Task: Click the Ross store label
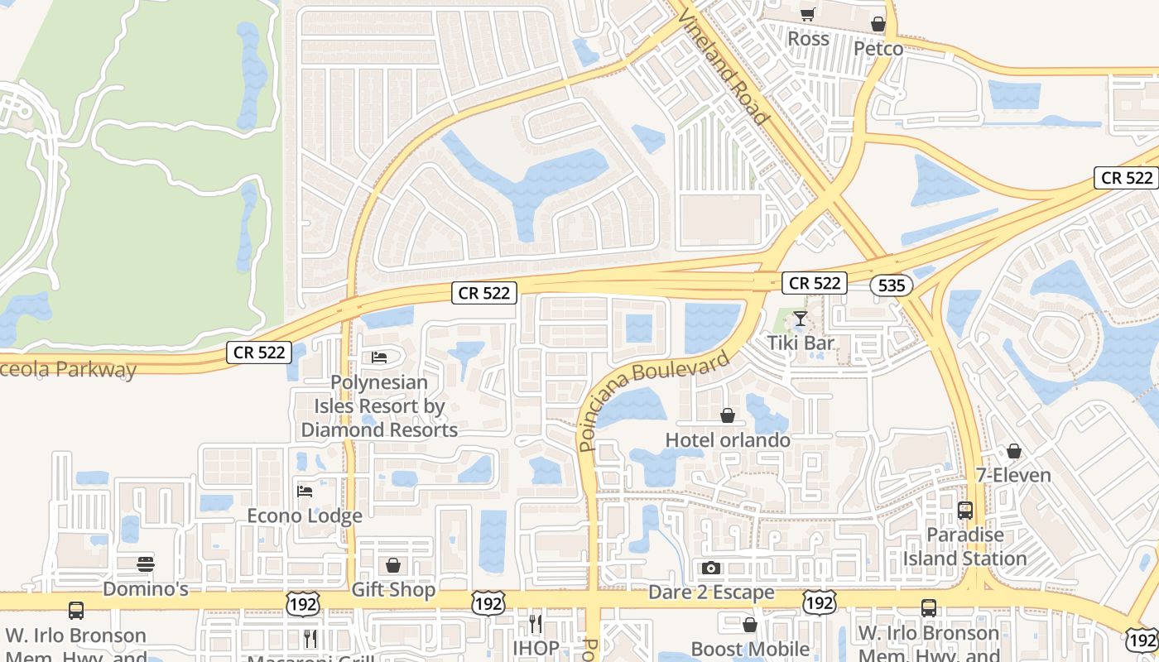808,39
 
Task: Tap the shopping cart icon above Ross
807,14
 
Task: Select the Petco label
878,49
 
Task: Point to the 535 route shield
891,285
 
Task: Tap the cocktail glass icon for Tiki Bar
800,319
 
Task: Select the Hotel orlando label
728,439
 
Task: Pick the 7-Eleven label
1013,476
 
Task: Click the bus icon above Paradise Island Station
965,511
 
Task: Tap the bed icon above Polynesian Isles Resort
379,357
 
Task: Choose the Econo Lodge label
305,516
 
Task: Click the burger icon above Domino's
146,564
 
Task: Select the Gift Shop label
393,590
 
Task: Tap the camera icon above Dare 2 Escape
710,568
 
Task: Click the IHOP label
535,648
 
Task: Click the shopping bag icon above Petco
878,25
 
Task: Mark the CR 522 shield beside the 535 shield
815,283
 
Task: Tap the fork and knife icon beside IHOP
535,623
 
